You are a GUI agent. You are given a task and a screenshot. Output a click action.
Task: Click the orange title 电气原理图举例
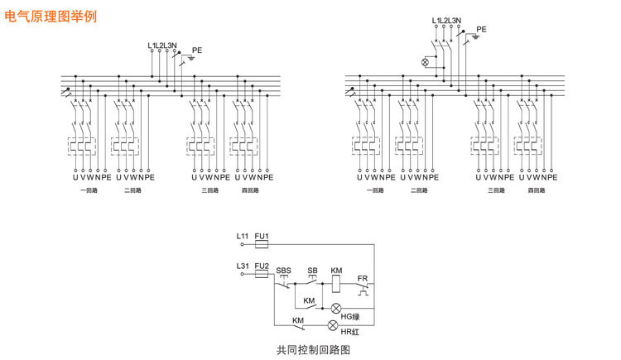pyautogui.click(x=51, y=16)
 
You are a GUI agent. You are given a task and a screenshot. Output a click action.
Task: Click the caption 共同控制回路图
pyautogui.click(x=314, y=350)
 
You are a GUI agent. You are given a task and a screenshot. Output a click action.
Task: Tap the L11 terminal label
pyautogui.click(x=243, y=237)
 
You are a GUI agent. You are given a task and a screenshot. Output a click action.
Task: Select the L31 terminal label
pyautogui.click(x=243, y=266)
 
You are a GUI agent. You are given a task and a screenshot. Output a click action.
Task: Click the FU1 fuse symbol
pyautogui.click(x=263, y=245)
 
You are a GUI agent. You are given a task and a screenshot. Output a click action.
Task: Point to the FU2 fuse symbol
pyautogui.click(x=263, y=274)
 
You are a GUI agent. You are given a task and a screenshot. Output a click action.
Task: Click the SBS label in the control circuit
pyautogui.click(x=284, y=271)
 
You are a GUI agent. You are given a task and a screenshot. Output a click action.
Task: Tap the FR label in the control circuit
pyautogui.click(x=362, y=277)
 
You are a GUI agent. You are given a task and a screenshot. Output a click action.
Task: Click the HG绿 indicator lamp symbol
pyautogui.click(x=335, y=308)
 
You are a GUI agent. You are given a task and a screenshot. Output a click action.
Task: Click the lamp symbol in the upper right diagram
pyautogui.click(x=426, y=62)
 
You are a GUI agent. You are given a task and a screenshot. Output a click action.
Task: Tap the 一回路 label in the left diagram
pyautogui.click(x=86, y=190)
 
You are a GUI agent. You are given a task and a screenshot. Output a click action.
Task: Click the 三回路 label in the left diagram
pyautogui.click(x=209, y=190)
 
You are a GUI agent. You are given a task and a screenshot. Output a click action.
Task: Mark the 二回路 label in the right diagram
pyautogui.click(x=419, y=190)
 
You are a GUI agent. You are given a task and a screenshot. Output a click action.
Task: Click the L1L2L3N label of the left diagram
pyautogui.click(x=162, y=45)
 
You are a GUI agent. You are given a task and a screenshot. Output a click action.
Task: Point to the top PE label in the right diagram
pyautogui.click(x=481, y=29)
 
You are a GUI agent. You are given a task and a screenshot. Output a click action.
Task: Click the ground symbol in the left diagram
pyautogui.click(x=192, y=60)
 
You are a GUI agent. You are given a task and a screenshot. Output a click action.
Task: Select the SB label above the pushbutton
pyautogui.click(x=312, y=271)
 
